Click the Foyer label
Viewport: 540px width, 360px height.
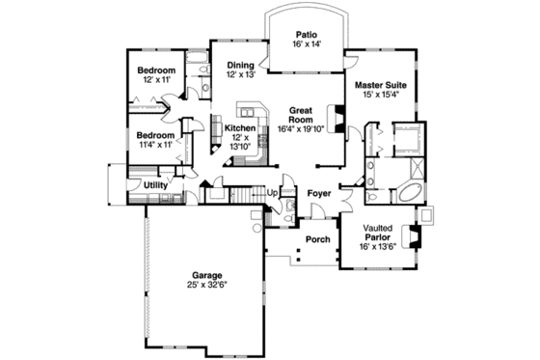[x=319, y=192]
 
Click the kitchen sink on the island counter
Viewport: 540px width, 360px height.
[x=255, y=108]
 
